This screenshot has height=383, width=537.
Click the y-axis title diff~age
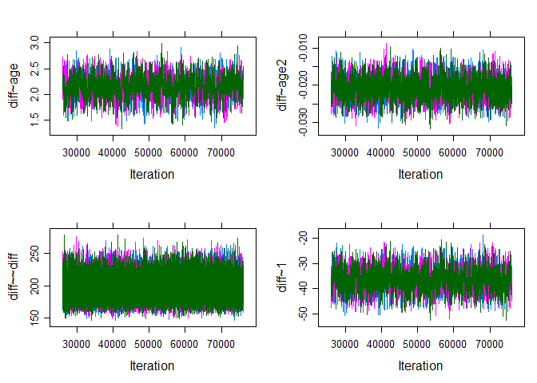pos(15,85)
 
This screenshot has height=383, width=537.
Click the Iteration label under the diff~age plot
pos(151,174)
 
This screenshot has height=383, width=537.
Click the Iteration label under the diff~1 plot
pos(420,365)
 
